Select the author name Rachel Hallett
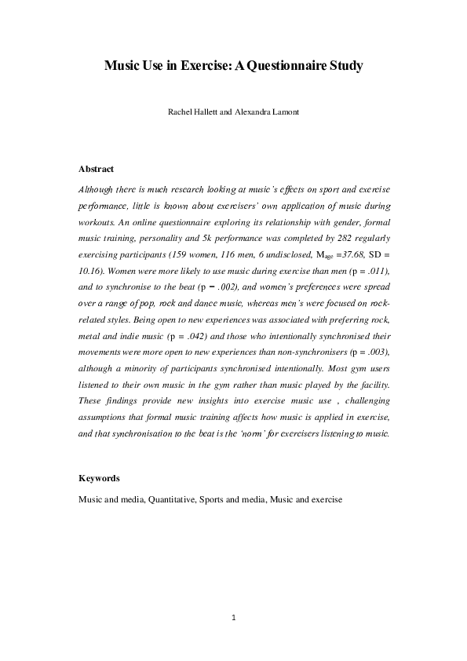[192, 112]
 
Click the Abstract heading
[97, 169]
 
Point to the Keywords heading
[100, 477]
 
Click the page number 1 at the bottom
[234, 618]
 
